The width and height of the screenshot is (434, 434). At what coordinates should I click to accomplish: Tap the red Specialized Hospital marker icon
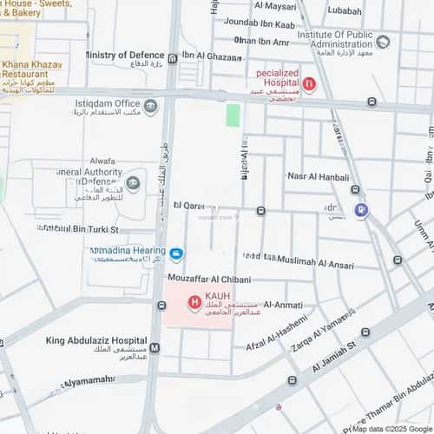click(309, 84)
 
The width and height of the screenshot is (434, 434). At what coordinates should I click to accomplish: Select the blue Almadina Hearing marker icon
click(176, 254)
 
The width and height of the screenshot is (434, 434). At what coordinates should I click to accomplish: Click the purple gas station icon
click(361, 210)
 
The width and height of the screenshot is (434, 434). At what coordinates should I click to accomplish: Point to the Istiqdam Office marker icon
click(151, 107)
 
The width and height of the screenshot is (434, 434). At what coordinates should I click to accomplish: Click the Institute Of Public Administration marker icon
click(383, 41)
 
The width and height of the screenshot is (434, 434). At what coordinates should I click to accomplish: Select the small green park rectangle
click(233, 115)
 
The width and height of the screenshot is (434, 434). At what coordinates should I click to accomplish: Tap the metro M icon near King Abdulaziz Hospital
click(155, 348)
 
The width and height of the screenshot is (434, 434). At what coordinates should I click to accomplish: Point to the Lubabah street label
click(345, 11)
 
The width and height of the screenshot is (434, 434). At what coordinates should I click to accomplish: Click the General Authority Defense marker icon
click(133, 182)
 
